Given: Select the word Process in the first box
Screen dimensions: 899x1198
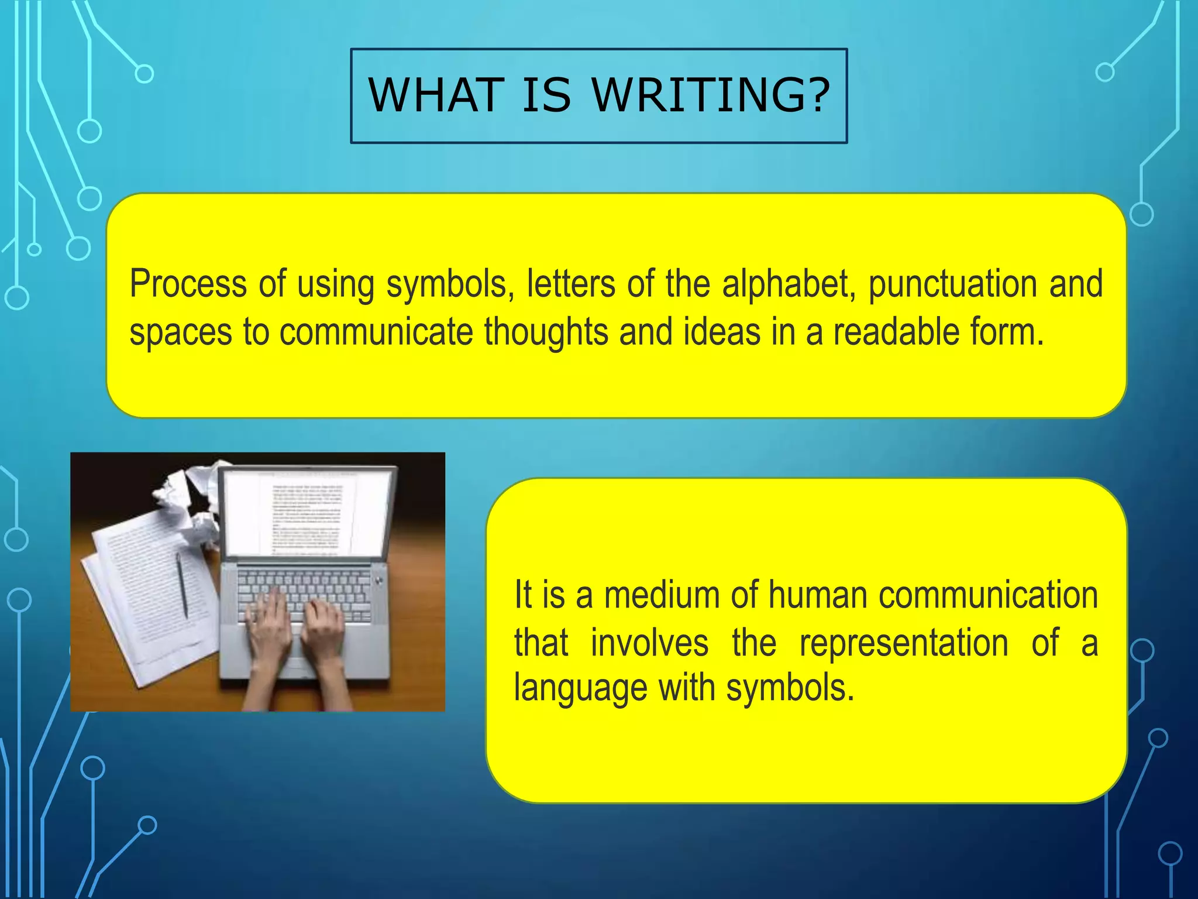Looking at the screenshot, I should coord(188,284).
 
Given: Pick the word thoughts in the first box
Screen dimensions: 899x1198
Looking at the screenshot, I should coord(546,332).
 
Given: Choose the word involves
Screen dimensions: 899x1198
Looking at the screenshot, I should coord(649,643).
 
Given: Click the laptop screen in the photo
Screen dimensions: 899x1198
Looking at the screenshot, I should coord(307,512).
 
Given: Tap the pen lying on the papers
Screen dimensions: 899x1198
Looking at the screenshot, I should coord(183,585).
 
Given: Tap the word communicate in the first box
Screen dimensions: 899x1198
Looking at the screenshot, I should coord(376,332).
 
